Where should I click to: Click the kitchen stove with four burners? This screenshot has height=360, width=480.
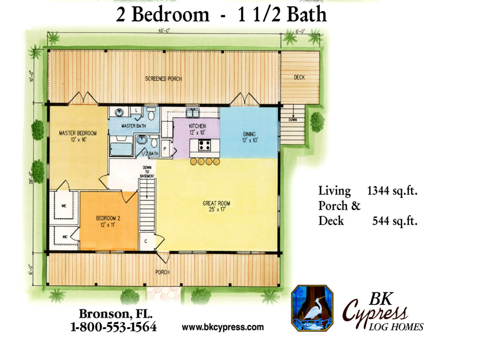[x=204, y=145]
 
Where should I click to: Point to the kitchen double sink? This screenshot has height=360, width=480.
[x=193, y=113]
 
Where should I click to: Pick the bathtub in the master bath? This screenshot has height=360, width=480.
[x=121, y=149]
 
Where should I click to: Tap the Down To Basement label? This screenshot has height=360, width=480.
[x=147, y=172]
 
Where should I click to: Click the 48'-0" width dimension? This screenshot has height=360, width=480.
[x=164, y=31]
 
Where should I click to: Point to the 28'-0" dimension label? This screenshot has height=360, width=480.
[x=32, y=177]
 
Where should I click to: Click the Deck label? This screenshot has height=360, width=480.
[x=299, y=77]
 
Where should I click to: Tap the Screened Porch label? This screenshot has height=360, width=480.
[x=163, y=79]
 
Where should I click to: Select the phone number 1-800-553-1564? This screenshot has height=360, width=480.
[x=113, y=327]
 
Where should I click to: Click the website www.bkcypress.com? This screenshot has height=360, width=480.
[x=223, y=327]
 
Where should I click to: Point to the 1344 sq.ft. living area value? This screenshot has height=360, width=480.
[x=392, y=190]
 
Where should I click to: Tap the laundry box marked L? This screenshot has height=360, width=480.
[x=136, y=111]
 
